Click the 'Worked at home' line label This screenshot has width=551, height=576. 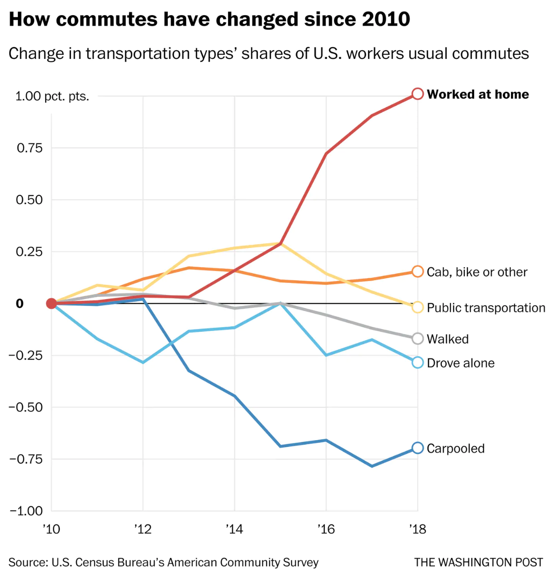point(478,94)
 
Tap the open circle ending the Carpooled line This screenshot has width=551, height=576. point(417,448)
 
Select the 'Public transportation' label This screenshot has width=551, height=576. point(486,308)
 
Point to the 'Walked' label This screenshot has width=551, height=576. point(448,339)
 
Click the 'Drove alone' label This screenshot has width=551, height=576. point(461,363)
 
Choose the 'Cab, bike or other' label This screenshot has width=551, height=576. point(477,272)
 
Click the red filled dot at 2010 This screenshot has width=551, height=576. point(52,303)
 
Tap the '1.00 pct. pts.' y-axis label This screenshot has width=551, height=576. point(52,96)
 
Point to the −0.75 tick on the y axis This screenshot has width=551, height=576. point(26,459)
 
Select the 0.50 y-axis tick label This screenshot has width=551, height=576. point(29,200)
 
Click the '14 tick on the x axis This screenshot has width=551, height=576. point(234,529)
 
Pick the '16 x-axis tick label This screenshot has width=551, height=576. point(326,529)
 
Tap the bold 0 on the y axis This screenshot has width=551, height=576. point(20,304)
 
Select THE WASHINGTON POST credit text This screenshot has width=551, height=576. point(479,563)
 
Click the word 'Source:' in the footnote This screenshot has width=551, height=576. point(28,563)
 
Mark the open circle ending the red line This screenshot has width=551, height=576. point(417,94)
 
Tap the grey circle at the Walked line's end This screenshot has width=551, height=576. point(417,339)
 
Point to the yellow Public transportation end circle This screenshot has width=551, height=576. point(417,307)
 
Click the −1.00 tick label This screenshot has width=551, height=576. point(26,511)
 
